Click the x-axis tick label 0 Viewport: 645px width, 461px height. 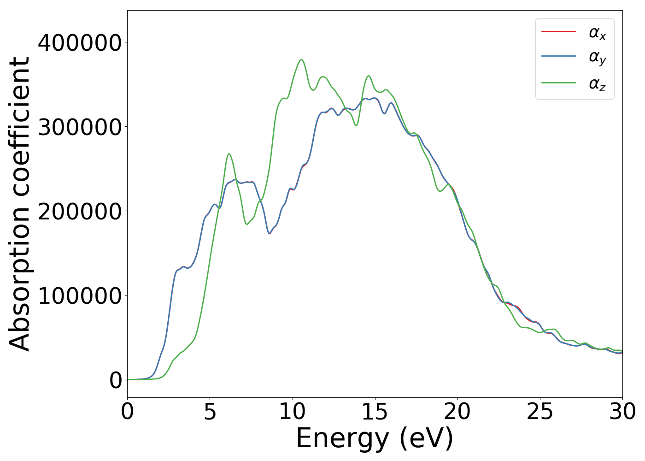[127, 411]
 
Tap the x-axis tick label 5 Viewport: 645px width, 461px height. [210, 411]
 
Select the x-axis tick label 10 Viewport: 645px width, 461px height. [292, 411]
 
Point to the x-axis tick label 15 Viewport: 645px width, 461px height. [375, 411]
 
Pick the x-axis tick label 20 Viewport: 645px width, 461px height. [457, 411]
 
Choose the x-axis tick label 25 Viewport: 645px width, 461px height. [539, 411]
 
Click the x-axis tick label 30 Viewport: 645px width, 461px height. [622, 411]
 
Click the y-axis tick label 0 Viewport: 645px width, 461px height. [116, 380]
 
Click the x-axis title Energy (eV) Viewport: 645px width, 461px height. [375, 438]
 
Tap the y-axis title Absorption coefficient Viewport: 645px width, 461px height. [20, 204]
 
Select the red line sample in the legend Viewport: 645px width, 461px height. [558, 31]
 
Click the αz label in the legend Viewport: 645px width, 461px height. [597, 84]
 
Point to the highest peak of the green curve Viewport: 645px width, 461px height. [301, 59]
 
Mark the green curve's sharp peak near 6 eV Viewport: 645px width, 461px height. [229, 154]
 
